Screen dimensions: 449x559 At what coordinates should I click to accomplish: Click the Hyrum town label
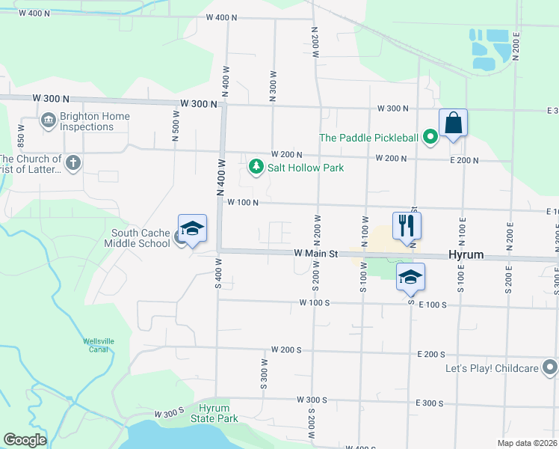tap(465, 255)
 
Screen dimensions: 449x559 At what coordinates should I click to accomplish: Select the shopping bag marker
tap(453, 123)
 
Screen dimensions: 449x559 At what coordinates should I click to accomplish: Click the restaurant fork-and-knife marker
tap(407, 226)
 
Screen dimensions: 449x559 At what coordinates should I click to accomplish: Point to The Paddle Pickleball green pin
tap(430, 137)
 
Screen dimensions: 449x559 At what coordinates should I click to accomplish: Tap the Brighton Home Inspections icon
tap(49, 120)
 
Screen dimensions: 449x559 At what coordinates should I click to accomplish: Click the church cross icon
tap(73, 163)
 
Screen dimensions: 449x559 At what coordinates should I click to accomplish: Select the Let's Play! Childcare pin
tap(550, 367)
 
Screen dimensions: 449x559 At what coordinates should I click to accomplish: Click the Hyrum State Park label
tap(218, 413)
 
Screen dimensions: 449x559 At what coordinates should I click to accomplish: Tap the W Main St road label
tap(316, 254)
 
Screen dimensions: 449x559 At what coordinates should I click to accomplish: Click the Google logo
tap(25, 440)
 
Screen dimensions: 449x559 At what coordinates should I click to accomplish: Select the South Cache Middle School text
tap(140, 238)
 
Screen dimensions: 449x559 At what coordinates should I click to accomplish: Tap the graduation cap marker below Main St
tap(410, 278)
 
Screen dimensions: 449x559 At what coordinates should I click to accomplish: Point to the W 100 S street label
tap(314, 303)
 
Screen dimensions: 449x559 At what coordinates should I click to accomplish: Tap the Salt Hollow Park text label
tap(306, 168)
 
